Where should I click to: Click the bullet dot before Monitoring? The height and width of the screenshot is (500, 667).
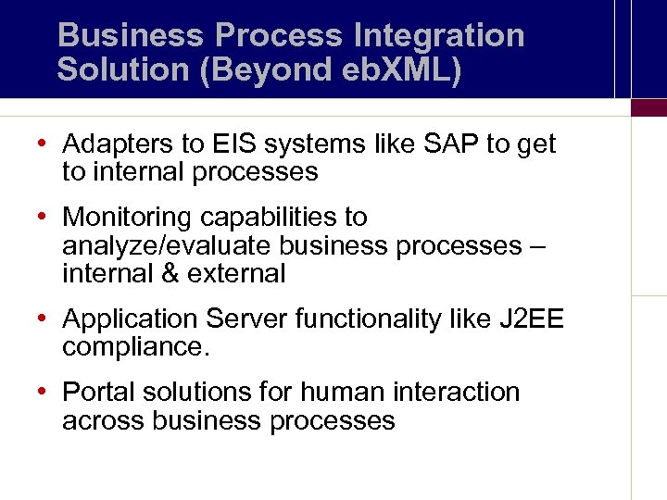coord(44,218)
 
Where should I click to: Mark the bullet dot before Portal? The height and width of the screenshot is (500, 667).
coord(44,393)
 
